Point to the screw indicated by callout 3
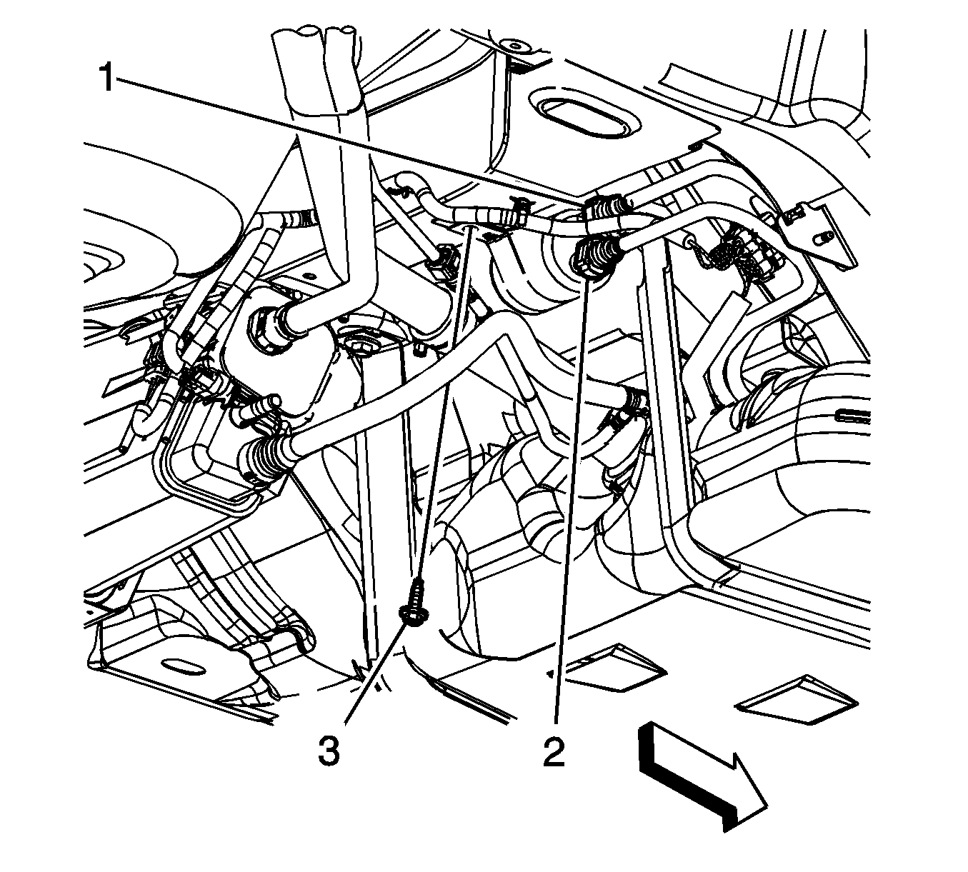[x=412, y=602]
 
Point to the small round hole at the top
[x=512, y=46]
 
